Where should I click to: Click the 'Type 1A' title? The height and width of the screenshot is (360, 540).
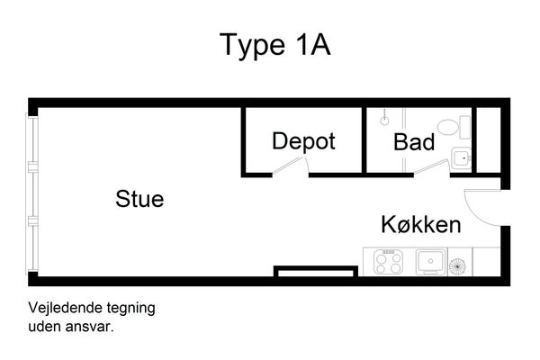pos(274,45)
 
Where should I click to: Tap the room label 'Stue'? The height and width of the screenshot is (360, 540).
pos(139,199)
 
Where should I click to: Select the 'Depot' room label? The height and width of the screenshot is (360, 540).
pos(303,141)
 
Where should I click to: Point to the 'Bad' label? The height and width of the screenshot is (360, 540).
pos(414,142)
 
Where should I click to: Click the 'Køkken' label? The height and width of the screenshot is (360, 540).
pos(421,225)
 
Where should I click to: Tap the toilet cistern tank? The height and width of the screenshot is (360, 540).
pos(465,128)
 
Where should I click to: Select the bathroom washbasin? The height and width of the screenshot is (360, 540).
pos(461,158)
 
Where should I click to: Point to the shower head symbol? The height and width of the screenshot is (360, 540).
pos(384,121)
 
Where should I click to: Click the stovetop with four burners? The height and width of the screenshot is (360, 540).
pos(389,262)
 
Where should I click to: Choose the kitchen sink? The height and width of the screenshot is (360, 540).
pos(430,262)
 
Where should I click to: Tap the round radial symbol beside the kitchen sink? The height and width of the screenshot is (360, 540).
pos(457,266)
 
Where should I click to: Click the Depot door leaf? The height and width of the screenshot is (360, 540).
pos(289,166)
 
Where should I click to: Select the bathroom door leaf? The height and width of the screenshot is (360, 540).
pos(432,166)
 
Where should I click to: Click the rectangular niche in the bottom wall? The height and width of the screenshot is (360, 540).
pos(316,272)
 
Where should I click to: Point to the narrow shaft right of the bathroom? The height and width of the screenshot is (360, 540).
pos(489,139)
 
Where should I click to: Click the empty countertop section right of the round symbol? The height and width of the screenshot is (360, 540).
pos(486,262)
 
